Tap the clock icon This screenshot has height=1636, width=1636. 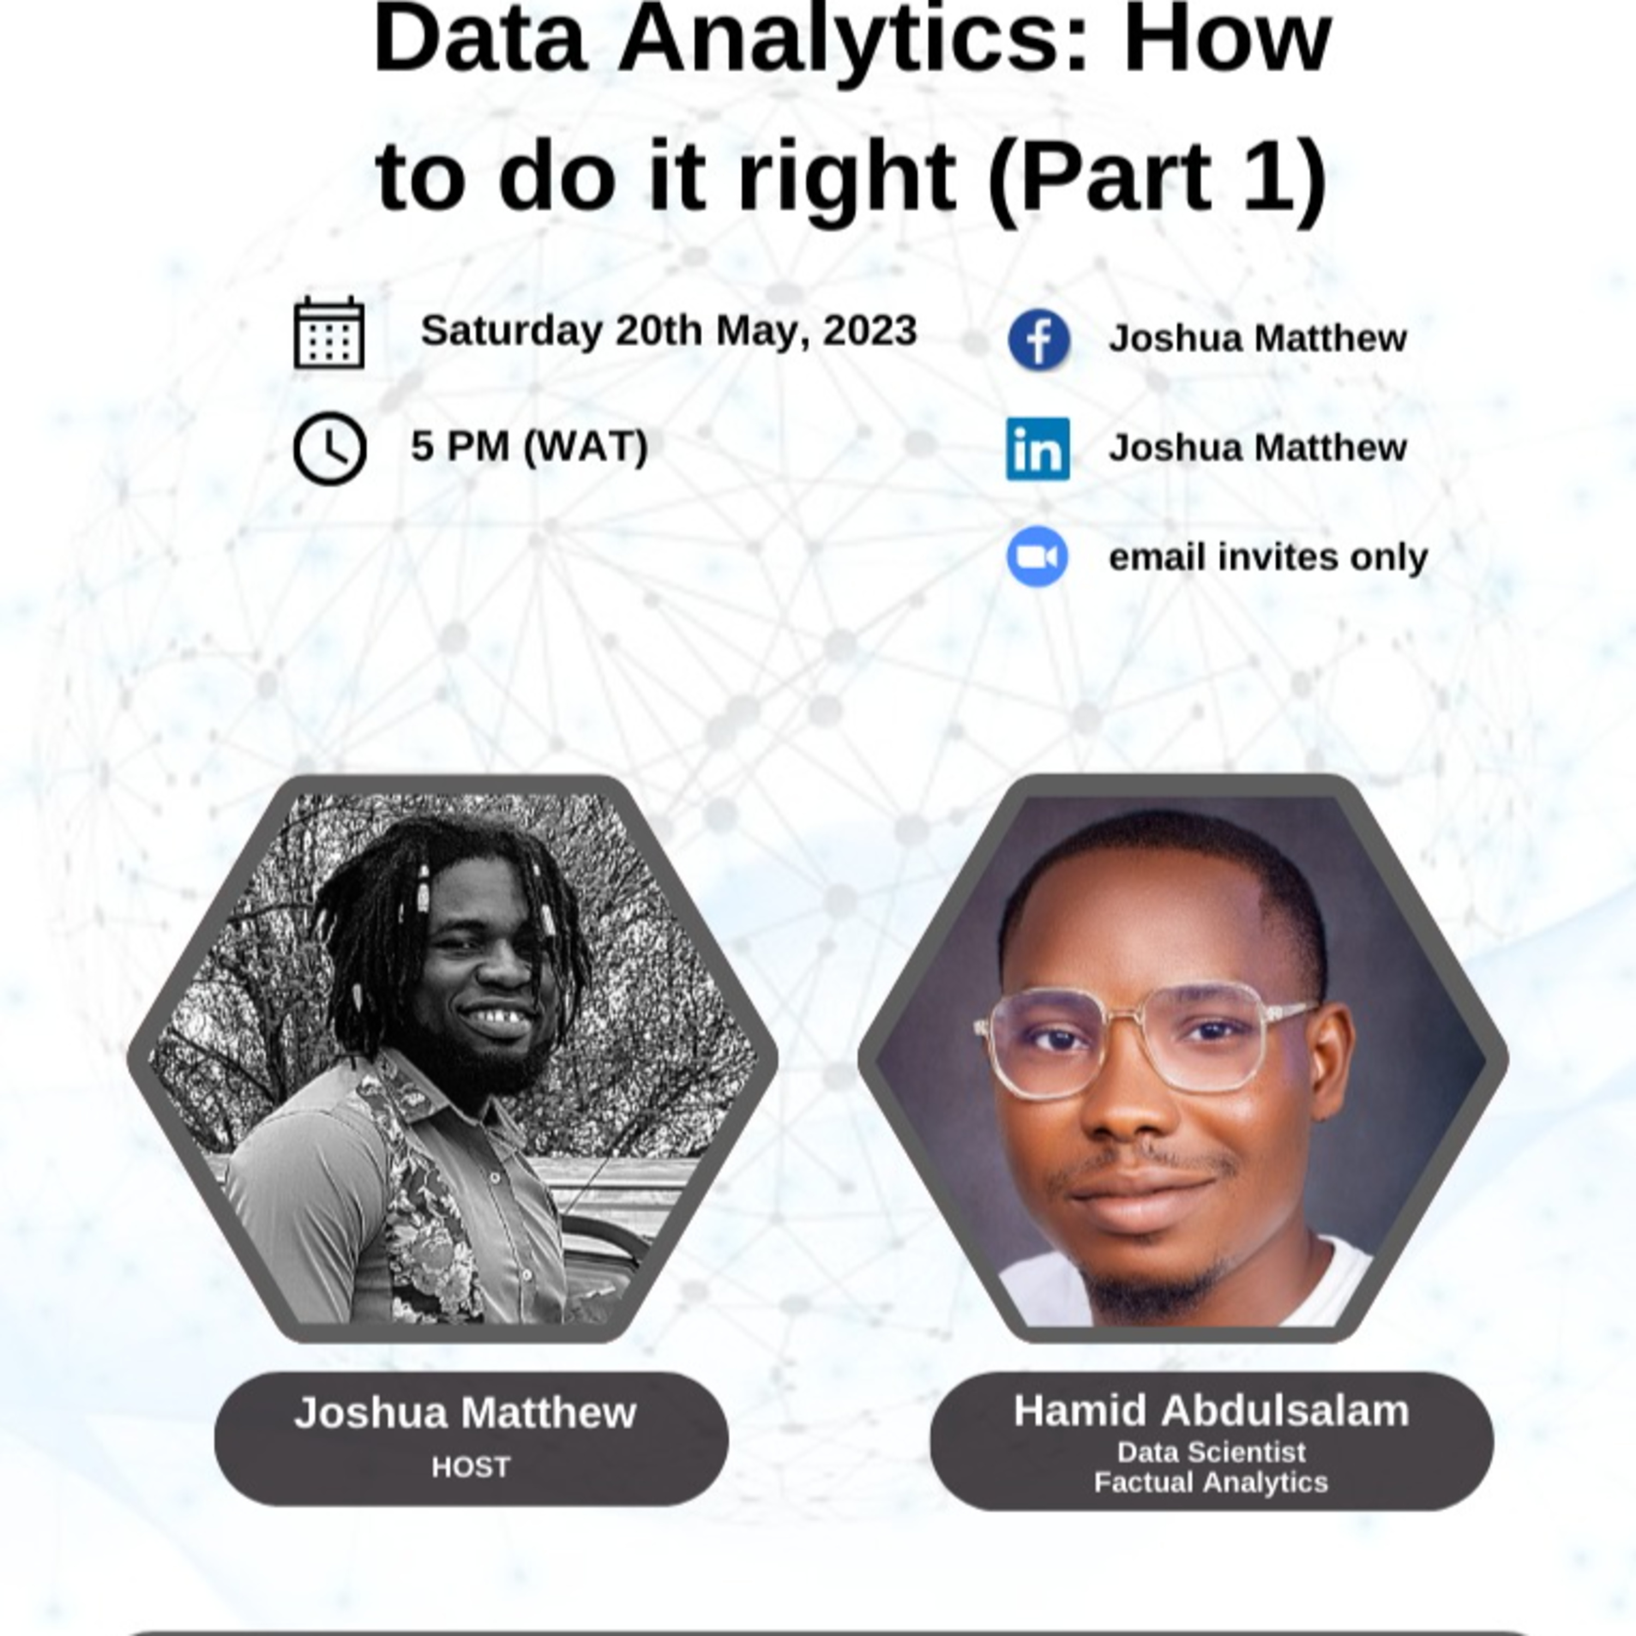(330, 449)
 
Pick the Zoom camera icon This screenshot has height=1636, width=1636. (1037, 556)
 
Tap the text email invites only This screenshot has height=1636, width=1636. (1268, 557)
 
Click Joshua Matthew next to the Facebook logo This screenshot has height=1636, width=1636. (1258, 339)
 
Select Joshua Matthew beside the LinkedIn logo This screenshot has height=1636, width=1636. (1258, 448)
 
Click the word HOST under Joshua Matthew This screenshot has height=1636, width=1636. (471, 1466)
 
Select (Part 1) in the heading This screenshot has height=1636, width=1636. (1158, 178)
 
